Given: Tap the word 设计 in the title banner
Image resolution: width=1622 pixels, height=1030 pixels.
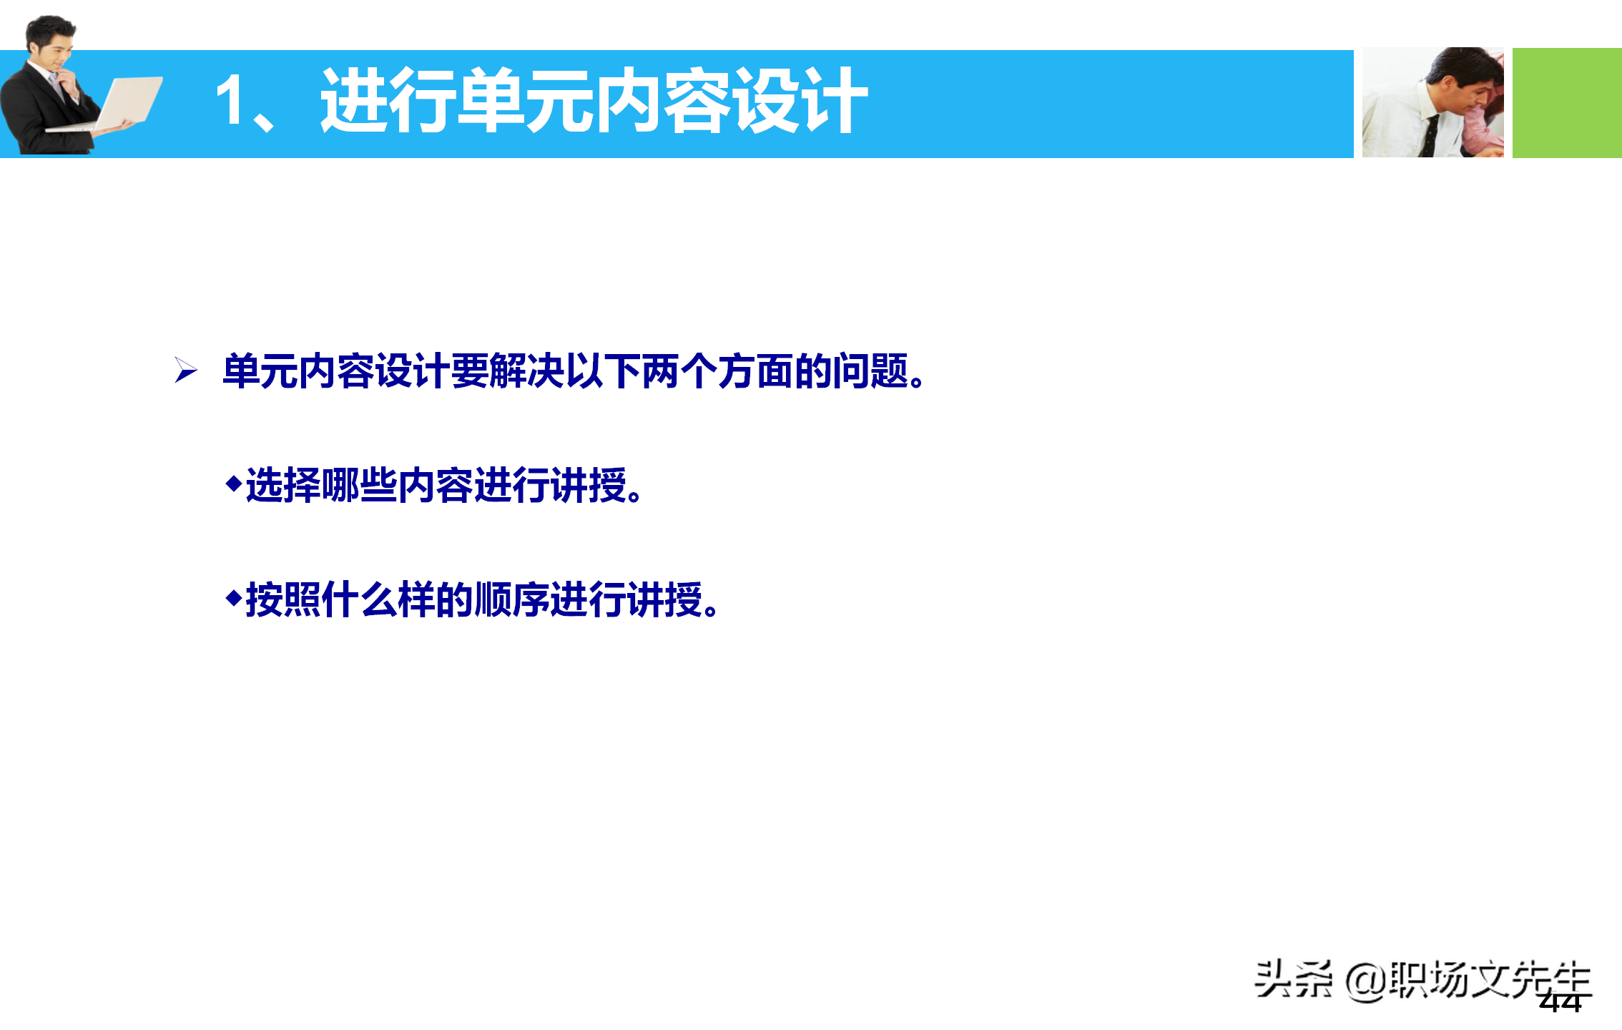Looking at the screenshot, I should pyautogui.click(x=800, y=101).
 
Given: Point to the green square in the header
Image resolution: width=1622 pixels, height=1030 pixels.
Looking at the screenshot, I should pyautogui.click(x=1566, y=103).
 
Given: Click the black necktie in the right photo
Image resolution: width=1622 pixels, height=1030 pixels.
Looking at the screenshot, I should pyautogui.click(x=1430, y=136).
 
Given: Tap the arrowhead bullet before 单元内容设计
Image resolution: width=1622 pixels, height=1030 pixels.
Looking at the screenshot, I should pyautogui.click(x=186, y=371).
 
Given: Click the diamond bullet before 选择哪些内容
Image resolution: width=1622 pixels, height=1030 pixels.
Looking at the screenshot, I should pyautogui.click(x=233, y=484).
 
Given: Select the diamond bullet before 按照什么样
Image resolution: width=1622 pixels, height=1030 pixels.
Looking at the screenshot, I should pyautogui.click(x=233, y=598).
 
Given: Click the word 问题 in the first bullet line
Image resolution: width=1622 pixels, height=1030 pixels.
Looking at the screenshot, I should pyautogui.click(x=870, y=371).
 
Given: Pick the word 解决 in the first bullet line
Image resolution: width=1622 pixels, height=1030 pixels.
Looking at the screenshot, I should pyautogui.click(x=527, y=371).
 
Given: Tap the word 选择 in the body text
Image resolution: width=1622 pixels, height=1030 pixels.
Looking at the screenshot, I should pyautogui.click(x=283, y=486).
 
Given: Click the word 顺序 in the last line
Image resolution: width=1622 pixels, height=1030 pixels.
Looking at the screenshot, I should pyautogui.click(x=511, y=599).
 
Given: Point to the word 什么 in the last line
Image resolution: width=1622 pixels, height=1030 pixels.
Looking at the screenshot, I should pyautogui.click(x=359, y=599).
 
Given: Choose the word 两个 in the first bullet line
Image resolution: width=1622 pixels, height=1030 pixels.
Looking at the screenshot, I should pyautogui.click(x=679, y=371).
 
